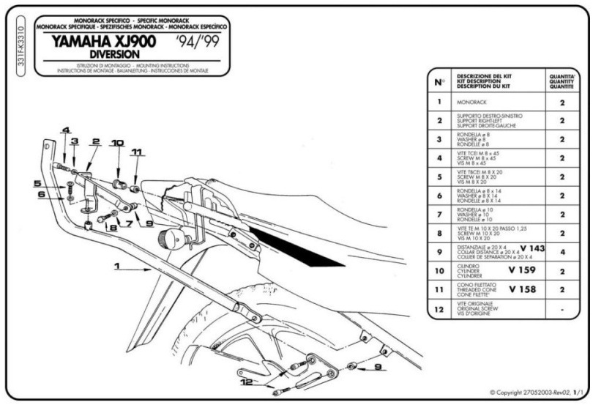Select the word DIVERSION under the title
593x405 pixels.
pos(105,55)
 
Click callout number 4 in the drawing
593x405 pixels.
pos(65,130)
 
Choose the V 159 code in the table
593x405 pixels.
pos(527,270)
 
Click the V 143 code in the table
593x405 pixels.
pos(532,249)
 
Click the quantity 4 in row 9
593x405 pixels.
pos(562,251)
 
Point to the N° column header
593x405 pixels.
pos(438,83)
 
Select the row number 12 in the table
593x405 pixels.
pos(439,309)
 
